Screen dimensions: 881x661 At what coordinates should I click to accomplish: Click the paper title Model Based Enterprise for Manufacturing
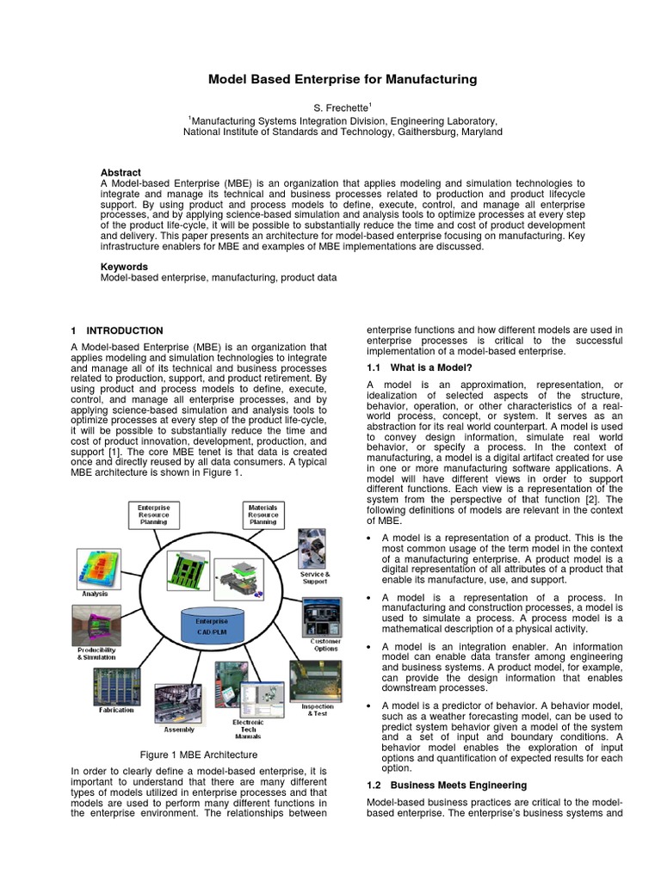pos(342,79)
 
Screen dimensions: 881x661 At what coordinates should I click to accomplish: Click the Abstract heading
pos(120,172)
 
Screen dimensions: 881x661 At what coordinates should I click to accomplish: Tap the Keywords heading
pos(124,267)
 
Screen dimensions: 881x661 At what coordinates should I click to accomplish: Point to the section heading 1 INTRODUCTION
pos(116,330)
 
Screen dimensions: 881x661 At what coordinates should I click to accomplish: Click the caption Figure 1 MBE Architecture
pos(199,754)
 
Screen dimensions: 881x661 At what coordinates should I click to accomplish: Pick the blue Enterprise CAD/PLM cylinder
pos(212,626)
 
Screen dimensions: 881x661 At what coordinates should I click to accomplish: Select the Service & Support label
pos(315,577)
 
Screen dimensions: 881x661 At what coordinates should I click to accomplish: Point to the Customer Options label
pos(324,645)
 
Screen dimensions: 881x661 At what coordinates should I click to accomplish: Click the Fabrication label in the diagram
pos(116,710)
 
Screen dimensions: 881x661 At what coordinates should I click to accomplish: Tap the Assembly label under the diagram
pos(179,729)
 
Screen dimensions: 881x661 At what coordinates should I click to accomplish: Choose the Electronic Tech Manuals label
pos(248,729)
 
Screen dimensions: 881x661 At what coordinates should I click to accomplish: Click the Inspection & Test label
pos(316,710)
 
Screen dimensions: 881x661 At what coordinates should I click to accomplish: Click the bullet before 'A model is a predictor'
pos(369,706)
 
